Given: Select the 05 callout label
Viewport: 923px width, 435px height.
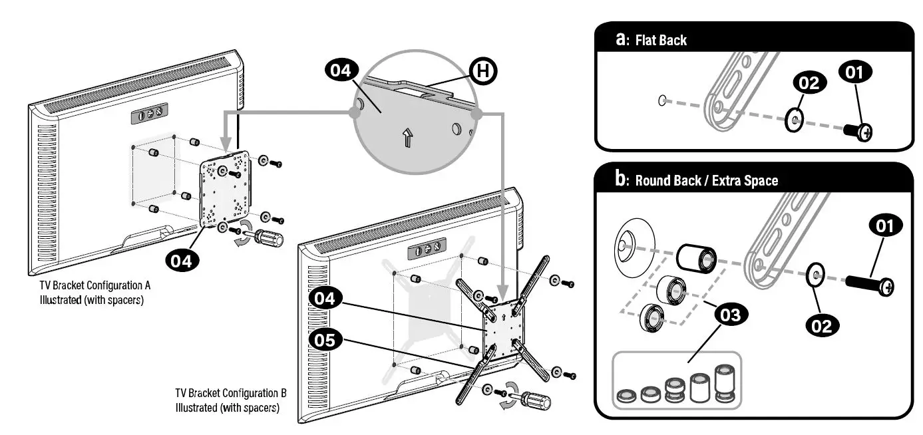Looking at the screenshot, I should click(325, 341).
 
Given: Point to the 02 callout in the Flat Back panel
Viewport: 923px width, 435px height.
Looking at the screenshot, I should click(809, 84).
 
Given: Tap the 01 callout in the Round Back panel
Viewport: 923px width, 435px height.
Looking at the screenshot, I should click(884, 227).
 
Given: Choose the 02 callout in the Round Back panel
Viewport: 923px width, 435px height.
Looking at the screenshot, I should click(823, 325).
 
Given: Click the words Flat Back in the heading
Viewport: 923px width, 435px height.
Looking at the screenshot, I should click(661, 41).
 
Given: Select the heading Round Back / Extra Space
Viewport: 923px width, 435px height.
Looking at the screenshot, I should click(706, 180).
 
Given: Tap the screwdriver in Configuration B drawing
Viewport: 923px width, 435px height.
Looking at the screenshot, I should click(532, 401).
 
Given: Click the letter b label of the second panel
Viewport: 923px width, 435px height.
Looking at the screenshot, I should click(620, 180).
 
